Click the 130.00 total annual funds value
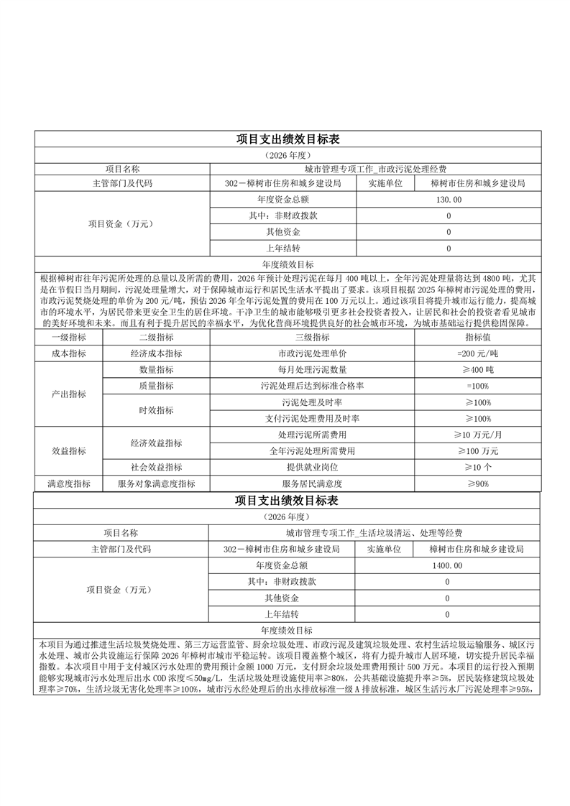(x=449, y=199)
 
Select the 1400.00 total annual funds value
(x=448, y=565)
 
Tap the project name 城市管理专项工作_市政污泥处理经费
(x=375, y=169)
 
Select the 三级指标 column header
(x=311, y=337)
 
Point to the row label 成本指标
(x=68, y=353)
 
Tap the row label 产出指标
(x=68, y=394)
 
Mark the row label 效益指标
(x=68, y=451)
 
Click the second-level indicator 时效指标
(x=156, y=410)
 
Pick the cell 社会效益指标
(x=156, y=468)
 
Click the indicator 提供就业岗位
(x=311, y=468)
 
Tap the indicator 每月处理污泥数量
(x=311, y=369)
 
